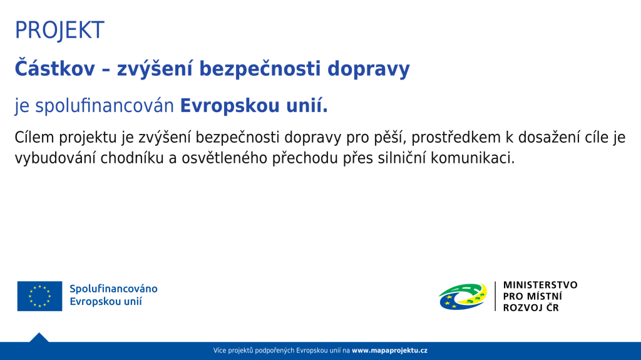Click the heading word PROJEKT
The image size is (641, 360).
point(59,30)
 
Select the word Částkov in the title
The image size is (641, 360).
point(55,68)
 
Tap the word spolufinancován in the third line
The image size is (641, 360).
point(105,106)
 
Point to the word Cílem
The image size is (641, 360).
point(34,137)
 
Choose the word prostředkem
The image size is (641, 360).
point(456,138)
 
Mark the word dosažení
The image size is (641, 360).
point(549,138)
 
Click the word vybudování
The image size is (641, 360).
point(55,158)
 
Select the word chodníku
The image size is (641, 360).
point(132,158)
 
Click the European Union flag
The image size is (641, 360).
point(39,296)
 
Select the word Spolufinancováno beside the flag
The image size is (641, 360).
point(113,289)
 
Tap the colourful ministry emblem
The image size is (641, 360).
point(463,296)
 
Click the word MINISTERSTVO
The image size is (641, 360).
point(540,285)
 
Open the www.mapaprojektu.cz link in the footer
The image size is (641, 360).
point(389,351)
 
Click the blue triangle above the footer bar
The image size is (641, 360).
point(39,338)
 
